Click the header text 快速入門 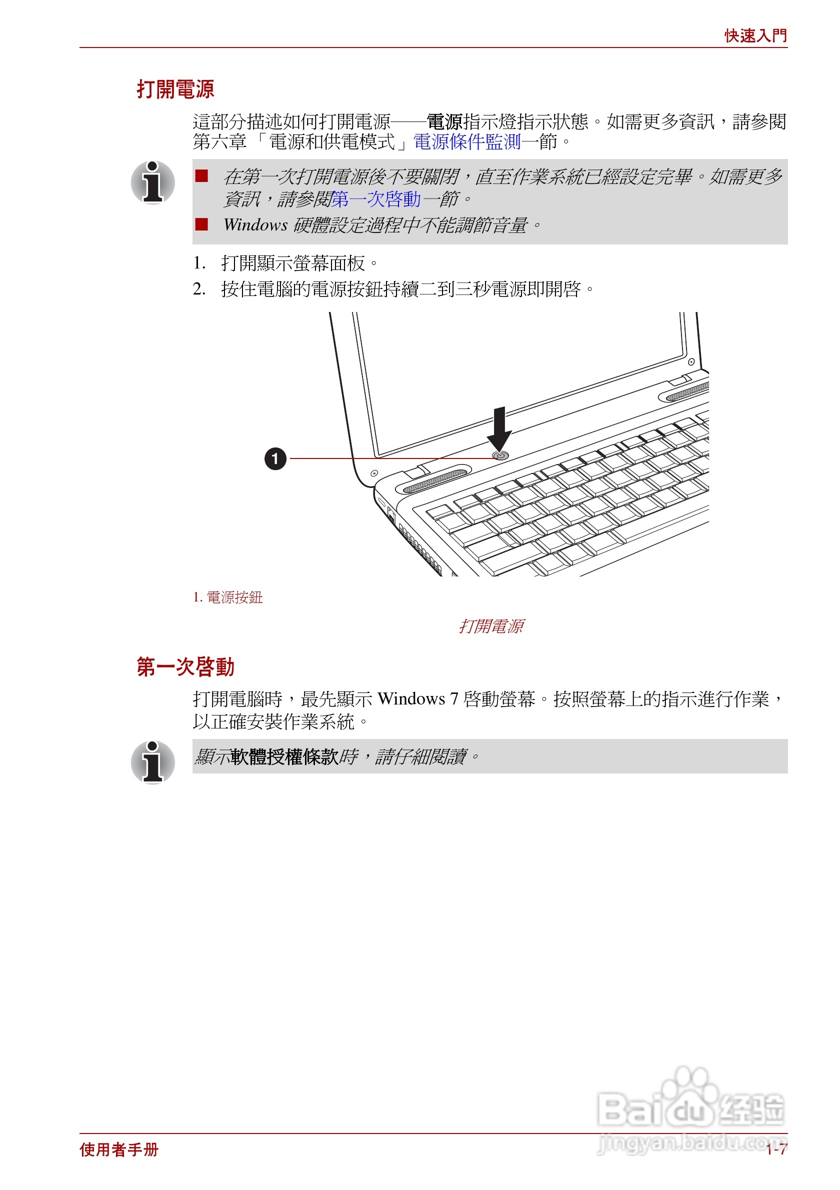point(755,36)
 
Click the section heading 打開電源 point(175,89)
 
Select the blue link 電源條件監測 point(466,141)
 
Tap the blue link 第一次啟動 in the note point(375,199)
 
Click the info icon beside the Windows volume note point(152,182)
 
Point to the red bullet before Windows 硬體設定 point(201,224)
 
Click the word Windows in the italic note point(255,225)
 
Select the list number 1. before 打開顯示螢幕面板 point(199,263)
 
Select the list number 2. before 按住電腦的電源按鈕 point(199,288)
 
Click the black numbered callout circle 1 point(275,458)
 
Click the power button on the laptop point(500,455)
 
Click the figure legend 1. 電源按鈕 point(227,597)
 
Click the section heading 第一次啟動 point(185,666)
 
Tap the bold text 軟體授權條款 point(284,756)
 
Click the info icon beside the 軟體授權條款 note point(152,762)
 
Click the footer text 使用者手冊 point(118,1149)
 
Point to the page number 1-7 point(776,1149)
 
